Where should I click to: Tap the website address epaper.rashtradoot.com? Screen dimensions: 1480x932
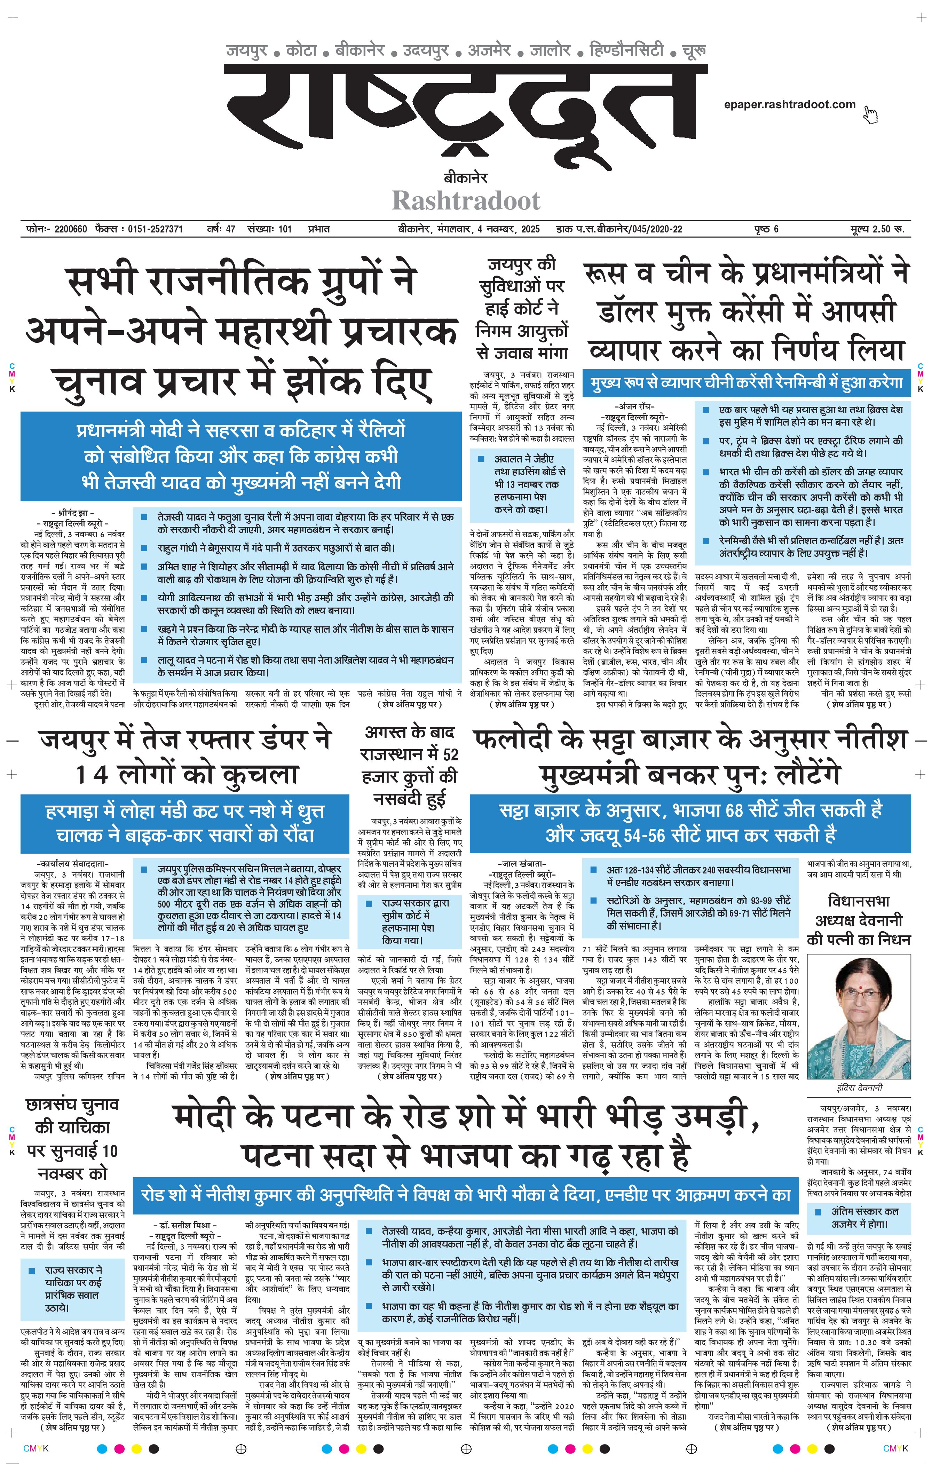click(x=789, y=104)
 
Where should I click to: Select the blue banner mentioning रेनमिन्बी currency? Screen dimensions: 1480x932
click(x=747, y=382)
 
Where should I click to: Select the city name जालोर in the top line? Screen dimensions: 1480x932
click(x=550, y=49)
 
